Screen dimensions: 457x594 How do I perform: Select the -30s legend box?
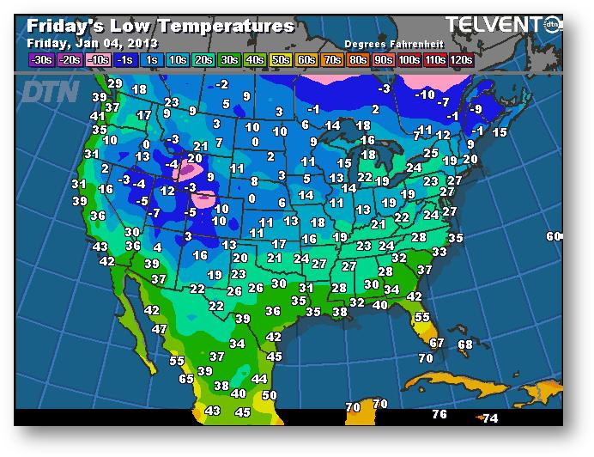click(41, 60)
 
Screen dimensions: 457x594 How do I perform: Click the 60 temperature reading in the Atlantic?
click(554, 236)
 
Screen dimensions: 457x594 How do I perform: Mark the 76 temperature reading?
click(439, 414)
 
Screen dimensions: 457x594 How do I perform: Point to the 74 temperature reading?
click(490, 418)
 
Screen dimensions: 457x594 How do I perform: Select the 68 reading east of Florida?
click(465, 344)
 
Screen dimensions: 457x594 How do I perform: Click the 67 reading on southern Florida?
click(437, 343)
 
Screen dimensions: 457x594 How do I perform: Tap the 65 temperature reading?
click(186, 378)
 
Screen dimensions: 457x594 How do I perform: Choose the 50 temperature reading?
click(270, 395)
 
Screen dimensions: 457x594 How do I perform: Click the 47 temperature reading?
click(160, 329)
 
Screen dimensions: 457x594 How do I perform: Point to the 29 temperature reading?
click(115, 83)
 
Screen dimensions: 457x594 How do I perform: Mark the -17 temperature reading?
click(143, 115)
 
